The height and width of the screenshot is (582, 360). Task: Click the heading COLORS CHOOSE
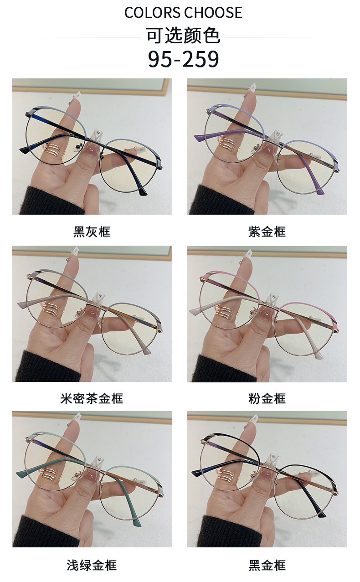pos(183,12)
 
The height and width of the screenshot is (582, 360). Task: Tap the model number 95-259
pos(183,59)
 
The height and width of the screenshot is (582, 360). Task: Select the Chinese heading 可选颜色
pos(183,36)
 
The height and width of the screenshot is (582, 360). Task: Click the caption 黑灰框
pos(92,232)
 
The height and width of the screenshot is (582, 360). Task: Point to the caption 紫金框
pos(267,232)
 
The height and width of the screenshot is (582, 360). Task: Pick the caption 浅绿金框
pos(92,565)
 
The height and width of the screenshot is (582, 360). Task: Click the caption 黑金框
pos(267,565)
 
